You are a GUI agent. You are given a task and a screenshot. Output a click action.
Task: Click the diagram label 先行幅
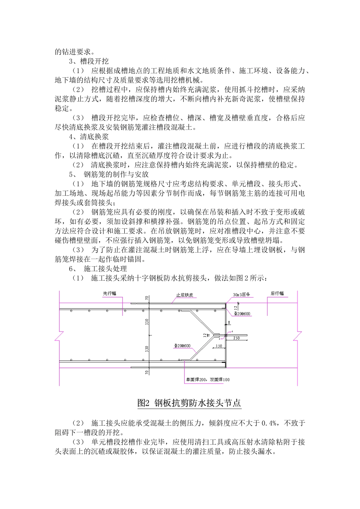pos(110,294)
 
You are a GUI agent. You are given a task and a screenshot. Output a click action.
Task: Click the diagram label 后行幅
pos(277,294)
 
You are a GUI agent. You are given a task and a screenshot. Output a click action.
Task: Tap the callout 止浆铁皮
pos(185,295)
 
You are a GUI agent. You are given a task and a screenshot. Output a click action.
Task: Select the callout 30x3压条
pos(241,295)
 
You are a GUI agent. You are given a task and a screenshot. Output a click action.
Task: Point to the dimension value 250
pos(236,338)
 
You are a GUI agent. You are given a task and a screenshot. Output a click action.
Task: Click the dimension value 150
pos(219,346)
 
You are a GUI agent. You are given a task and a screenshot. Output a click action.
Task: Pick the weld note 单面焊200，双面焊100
pos(207,379)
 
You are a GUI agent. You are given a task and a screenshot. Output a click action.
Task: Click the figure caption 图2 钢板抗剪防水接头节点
pos(189,403)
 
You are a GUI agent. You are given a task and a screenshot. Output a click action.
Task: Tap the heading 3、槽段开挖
pos(89,61)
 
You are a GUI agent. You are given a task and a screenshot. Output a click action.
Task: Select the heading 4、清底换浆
pos(89,137)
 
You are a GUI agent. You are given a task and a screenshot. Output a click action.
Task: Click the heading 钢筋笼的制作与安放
pos(116,175)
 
